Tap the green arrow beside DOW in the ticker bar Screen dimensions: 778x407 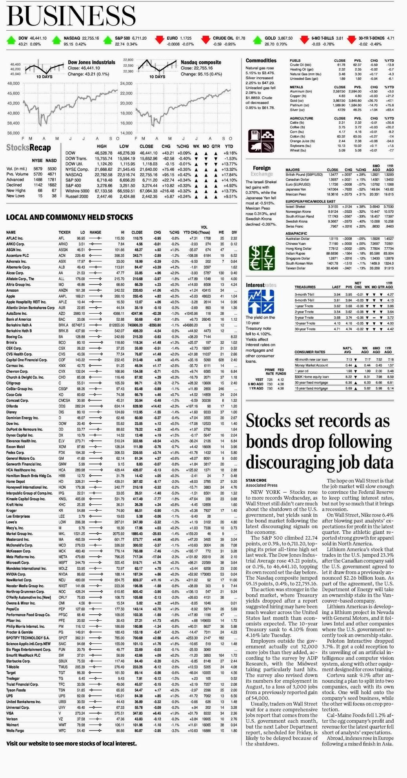11,40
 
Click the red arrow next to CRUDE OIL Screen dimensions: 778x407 205,40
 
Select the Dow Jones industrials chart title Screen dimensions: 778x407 91,62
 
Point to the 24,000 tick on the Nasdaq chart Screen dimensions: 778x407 126,84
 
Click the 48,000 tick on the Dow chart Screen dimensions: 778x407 13,84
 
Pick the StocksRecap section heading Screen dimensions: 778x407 29,148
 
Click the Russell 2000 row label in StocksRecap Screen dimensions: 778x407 77,196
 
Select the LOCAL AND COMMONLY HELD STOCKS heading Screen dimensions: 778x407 69,217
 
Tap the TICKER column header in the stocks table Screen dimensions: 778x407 64,232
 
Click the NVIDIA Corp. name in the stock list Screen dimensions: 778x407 16,574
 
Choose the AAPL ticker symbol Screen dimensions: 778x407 62,296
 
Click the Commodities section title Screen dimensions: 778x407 261,60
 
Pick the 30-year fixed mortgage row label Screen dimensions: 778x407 311,382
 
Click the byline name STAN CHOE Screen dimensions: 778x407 256,480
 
